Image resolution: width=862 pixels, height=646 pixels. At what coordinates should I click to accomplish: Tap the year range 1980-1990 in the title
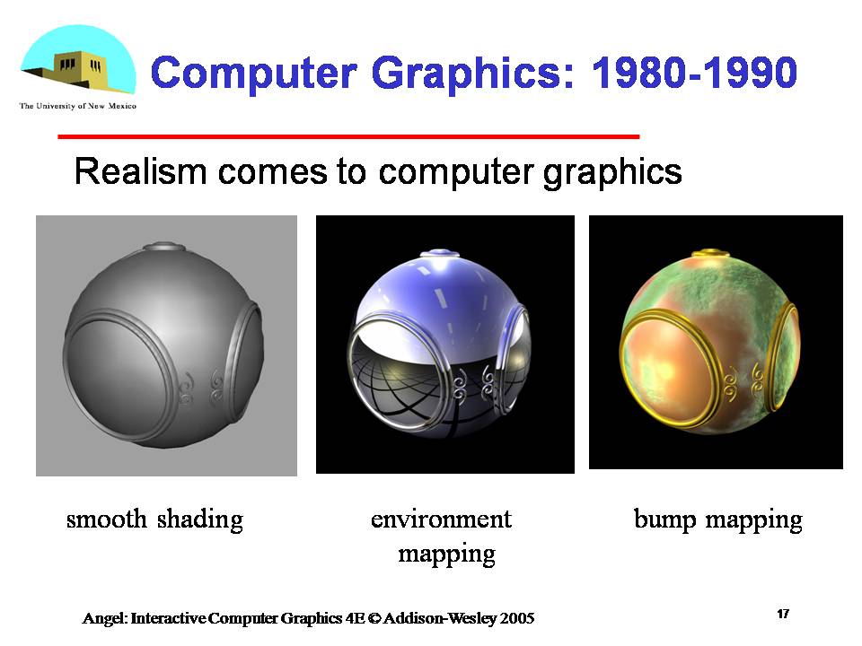[694, 73]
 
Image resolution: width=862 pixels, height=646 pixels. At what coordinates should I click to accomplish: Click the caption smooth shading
[154, 519]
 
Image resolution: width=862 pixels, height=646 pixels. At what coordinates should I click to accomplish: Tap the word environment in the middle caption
[441, 519]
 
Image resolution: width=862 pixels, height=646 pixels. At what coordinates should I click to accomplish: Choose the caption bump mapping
[717, 519]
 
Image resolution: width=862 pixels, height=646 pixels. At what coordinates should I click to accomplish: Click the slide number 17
[783, 614]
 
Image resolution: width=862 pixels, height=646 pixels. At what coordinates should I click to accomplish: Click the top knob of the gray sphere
[165, 247]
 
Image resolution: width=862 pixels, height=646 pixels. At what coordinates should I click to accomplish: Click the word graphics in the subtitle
[612, 170]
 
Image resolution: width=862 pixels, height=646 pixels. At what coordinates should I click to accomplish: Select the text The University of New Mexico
[77, 106]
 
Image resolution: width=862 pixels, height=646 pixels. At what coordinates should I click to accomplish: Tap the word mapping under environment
[446, 554]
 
